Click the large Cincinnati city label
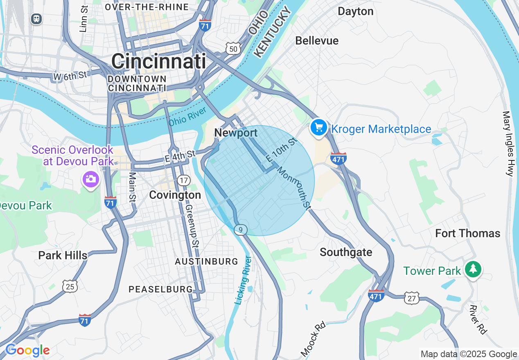[x=158, y=62]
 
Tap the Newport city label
[x=236, y=133]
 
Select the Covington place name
[x=175, y=195]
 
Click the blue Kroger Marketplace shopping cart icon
[x=318, y=127]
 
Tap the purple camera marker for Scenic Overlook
[x=90, y=179]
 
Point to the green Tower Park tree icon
[x=473, y=269]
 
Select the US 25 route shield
[x=70, y=286]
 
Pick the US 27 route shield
[x=411, y=298]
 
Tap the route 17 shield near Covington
[x=184, y=180]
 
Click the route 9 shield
[x=241, y=230]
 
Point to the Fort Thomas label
[x=467, y=234]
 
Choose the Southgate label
[x=346, y=252]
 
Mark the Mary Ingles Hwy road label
[x=508, y=144]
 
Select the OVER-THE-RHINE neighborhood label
[x=147, y=7]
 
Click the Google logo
[x=27, y=351]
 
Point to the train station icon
[x=36, y=18]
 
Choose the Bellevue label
[x=317, y=40]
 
